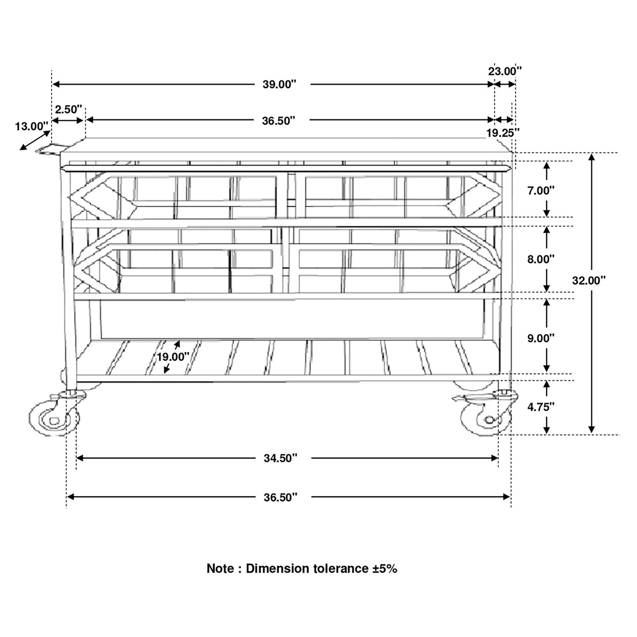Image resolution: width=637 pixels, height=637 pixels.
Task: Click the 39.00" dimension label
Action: (x=279, y=84)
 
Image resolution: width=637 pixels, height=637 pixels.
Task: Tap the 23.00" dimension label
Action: (x=505, y=71)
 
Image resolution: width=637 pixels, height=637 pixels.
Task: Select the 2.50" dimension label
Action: (x=68, y=109)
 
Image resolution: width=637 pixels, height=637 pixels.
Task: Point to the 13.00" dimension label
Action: (x=32, y=126)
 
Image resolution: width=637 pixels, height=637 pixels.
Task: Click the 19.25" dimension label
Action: (x=503, y=133)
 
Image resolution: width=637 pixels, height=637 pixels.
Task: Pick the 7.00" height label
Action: (x=540, y=191)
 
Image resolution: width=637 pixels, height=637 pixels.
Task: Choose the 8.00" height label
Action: (x=540, y=259)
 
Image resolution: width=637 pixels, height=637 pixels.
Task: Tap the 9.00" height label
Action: (x=540, y=338)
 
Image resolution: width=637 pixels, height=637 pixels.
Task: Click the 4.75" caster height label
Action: (x=540, y=407)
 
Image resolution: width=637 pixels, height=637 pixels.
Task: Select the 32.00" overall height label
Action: (x=589, y=280)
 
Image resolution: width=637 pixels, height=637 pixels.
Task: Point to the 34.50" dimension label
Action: (x=280, y=458)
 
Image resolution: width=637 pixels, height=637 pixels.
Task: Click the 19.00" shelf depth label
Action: (x=172, y=357)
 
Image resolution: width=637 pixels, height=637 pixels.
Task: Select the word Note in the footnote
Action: (x=220, y=568)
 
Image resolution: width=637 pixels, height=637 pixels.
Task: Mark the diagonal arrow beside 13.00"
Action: (x=35, y=140)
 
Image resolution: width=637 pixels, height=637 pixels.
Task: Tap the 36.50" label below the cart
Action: (x=280, y=498)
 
